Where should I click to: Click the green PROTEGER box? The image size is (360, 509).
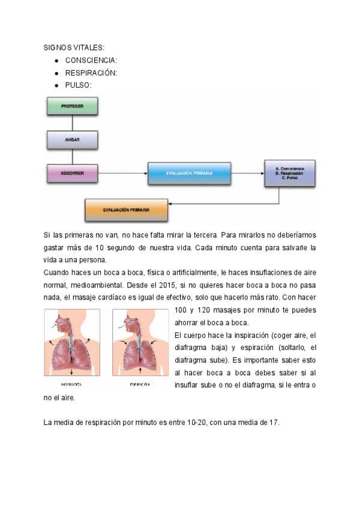(x=72, y=106)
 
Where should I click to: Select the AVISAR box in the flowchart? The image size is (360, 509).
(x=72, y=140)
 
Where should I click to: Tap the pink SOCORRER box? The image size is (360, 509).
(x=72, y=173)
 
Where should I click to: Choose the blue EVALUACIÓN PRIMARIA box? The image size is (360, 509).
(x=189, y=173)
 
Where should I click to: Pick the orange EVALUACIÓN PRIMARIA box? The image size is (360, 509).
(x=126, y=209)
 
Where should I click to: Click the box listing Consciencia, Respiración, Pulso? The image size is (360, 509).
(x=290, y=173)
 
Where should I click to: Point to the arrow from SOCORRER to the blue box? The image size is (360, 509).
(x=123, y=173)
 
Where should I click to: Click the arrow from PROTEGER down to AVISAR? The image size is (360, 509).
(x=72, y=123)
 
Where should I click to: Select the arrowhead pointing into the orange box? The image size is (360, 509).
(x=170, y=204)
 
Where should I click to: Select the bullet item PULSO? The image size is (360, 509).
(x=79, y=85)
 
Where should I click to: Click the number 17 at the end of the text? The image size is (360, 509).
(x=274, y=423)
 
